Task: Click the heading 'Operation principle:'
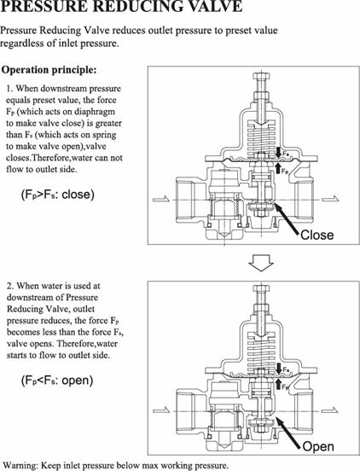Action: click(49, 70)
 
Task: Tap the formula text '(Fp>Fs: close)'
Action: click(58, 195)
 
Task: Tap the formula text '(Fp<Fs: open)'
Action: click(57, 381)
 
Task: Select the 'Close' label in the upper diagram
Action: click(316, 235)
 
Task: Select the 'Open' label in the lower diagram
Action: click(318, 446)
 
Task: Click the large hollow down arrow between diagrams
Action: click(261, 263)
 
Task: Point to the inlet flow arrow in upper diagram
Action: click(161, 199)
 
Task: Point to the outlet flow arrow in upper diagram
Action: click(330, 199)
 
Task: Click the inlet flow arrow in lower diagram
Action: click(161, 410)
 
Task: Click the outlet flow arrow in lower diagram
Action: click(330, 410)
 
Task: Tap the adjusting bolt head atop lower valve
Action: click(262, 289)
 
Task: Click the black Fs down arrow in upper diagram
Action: click(278, 152)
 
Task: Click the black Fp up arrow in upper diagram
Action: click(278, 167)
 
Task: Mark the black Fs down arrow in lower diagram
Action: click(278, 369)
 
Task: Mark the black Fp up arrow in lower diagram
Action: click(278, 384)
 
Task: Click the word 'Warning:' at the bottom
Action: click(20, 466)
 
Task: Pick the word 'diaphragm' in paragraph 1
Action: click(95, 112)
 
